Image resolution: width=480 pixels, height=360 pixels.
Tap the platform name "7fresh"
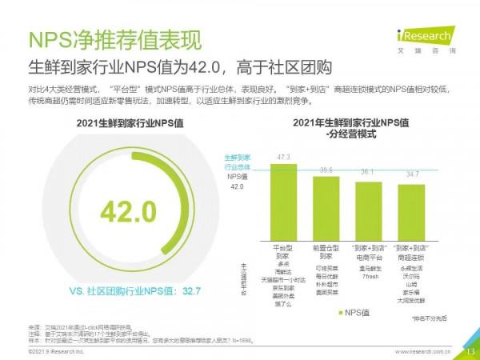pos(368,276)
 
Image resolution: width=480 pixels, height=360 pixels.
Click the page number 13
pos(470,350)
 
